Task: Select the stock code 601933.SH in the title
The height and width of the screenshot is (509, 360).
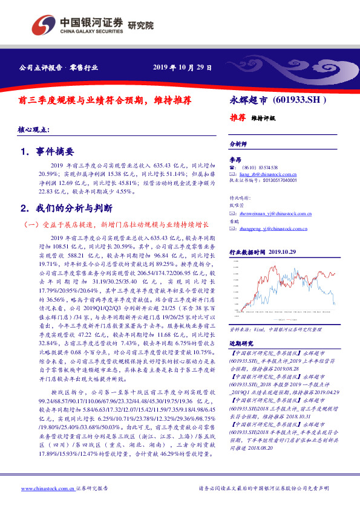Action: coord(299,99)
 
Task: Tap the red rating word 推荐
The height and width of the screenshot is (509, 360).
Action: coord(238,117)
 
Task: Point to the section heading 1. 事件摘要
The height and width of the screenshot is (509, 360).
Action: coord(47,152)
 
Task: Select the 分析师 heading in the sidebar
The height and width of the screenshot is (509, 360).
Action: coord(238,145)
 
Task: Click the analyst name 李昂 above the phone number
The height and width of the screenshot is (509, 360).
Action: coord(236,160)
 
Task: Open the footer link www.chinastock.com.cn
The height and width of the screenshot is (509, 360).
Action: coord(48,488)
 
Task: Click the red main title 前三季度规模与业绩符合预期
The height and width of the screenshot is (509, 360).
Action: coord(109,100)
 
